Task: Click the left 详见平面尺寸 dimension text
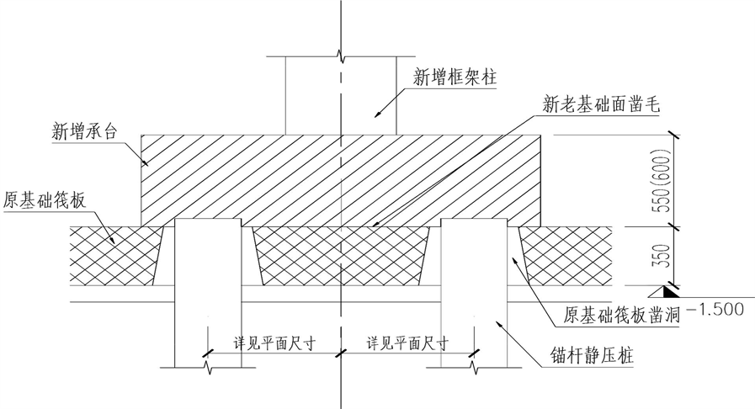pyautogui.click(x=270, y=343)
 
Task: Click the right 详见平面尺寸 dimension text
pyautogui.click(x=407, y=343)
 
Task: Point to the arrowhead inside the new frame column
pyautogui.click(x=378, y=114)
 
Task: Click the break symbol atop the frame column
pyautogui.click(x=340, y=56)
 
